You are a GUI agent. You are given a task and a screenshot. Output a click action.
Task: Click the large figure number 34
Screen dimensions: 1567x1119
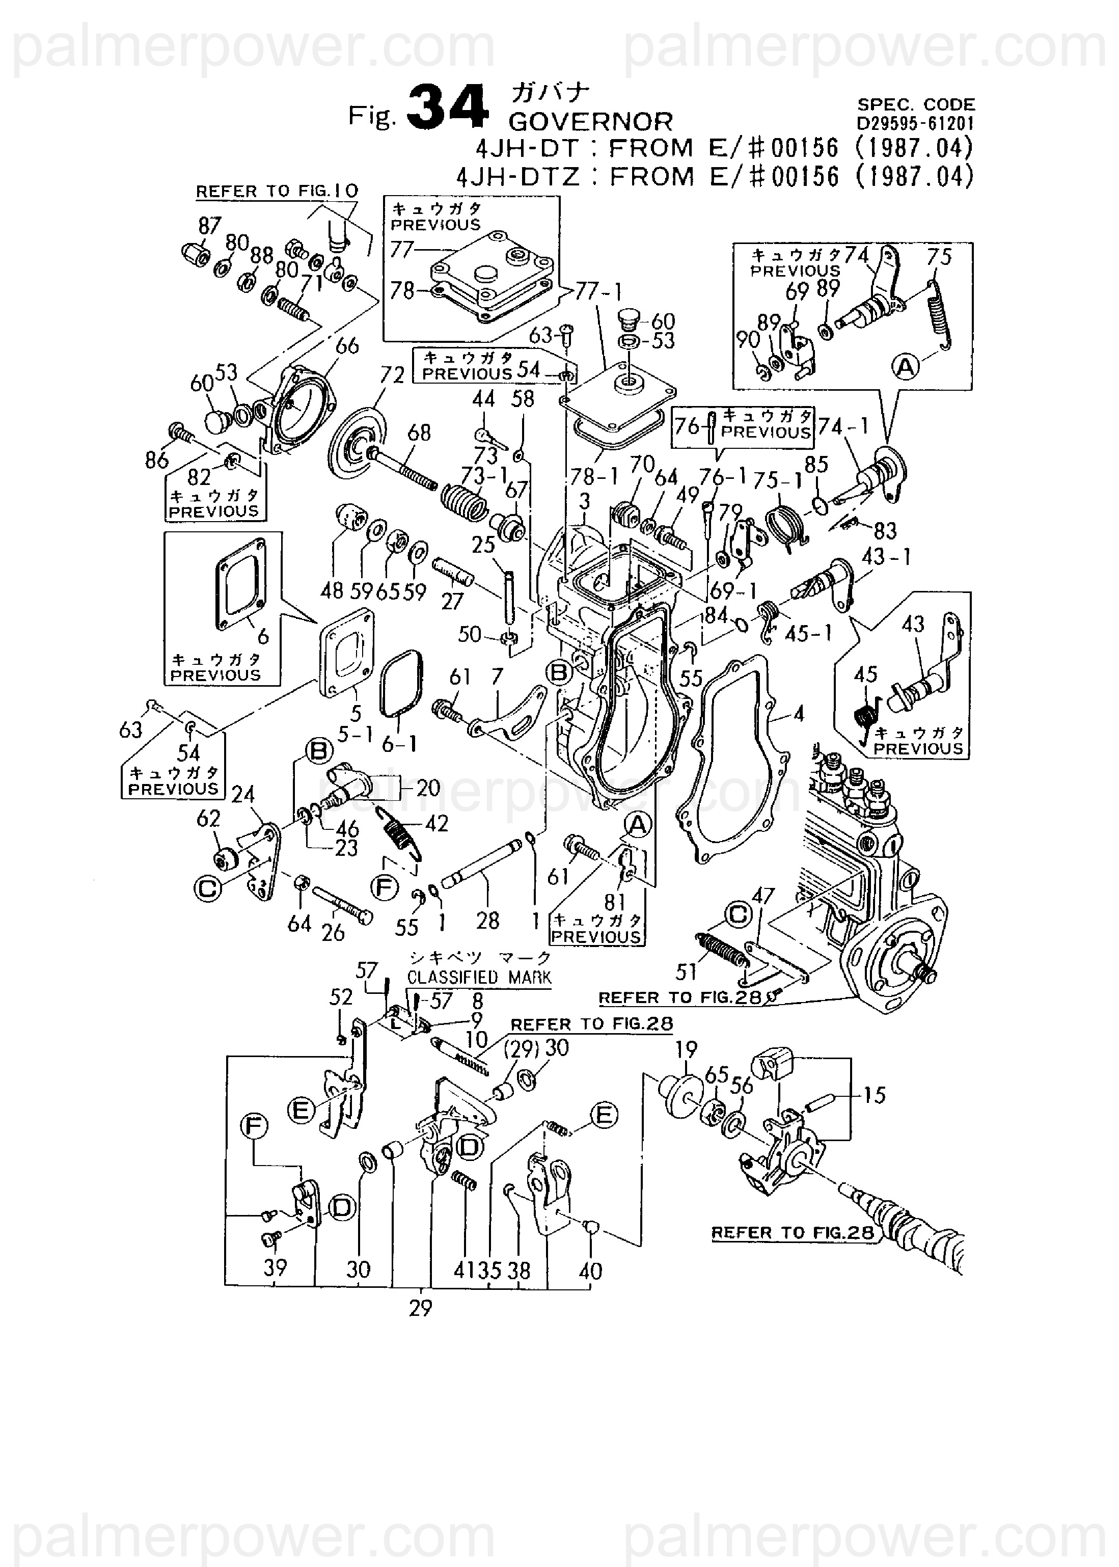click(447, 108)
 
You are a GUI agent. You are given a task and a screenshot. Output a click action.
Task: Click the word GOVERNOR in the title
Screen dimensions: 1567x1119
click(590, 122)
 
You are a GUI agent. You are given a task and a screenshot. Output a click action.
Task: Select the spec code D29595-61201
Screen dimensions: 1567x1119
click(916, 124)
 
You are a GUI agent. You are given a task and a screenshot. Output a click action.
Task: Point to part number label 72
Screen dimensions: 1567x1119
click(392, 375)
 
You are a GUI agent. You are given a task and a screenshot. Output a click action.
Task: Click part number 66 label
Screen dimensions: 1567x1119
click(347, 346)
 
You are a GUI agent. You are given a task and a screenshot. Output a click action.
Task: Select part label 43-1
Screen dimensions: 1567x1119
click(885, 557)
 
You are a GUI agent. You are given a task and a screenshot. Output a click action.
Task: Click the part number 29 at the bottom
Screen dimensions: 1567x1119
click(420, 1308)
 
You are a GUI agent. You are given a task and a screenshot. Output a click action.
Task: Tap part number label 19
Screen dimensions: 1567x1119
click(686, 1049)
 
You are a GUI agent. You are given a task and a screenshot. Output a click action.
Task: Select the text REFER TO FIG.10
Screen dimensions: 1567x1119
click(277, 192)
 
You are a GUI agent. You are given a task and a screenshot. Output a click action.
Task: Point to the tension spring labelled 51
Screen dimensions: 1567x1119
click(720, 950)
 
